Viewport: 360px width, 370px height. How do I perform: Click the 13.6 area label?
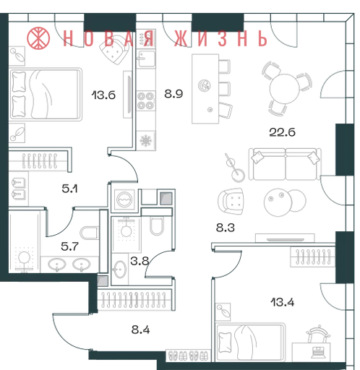(103, 95)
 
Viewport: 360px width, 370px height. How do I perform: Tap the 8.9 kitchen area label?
(173, 94)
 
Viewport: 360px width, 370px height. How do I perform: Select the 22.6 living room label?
(282, 132)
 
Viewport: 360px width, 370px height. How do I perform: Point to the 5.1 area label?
(69, 189)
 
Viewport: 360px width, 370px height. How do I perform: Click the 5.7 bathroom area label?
(69, 246)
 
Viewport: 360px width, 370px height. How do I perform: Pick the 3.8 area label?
(140, 261)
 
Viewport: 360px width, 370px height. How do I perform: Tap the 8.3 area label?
(226, 228)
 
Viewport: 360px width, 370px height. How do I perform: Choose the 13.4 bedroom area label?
(283, 302)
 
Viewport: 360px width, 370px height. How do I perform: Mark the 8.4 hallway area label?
(140, 330)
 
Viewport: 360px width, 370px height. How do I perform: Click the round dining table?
(284, 89)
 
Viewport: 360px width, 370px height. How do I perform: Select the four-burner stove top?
(146, 100)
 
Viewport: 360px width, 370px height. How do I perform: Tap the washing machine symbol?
(124, 199)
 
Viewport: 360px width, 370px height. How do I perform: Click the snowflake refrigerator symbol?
(146, 140)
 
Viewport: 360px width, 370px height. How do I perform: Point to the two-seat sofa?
(286, 164)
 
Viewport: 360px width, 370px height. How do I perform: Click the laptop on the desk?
(319, 353)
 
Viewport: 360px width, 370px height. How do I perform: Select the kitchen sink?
(146, 59)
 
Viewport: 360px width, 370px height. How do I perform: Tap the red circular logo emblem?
(38, 38)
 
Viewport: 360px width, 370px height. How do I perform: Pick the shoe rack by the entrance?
(189, 356)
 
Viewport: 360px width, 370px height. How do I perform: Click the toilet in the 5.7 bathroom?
(89, 233)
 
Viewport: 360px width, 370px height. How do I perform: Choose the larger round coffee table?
(278, 202)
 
